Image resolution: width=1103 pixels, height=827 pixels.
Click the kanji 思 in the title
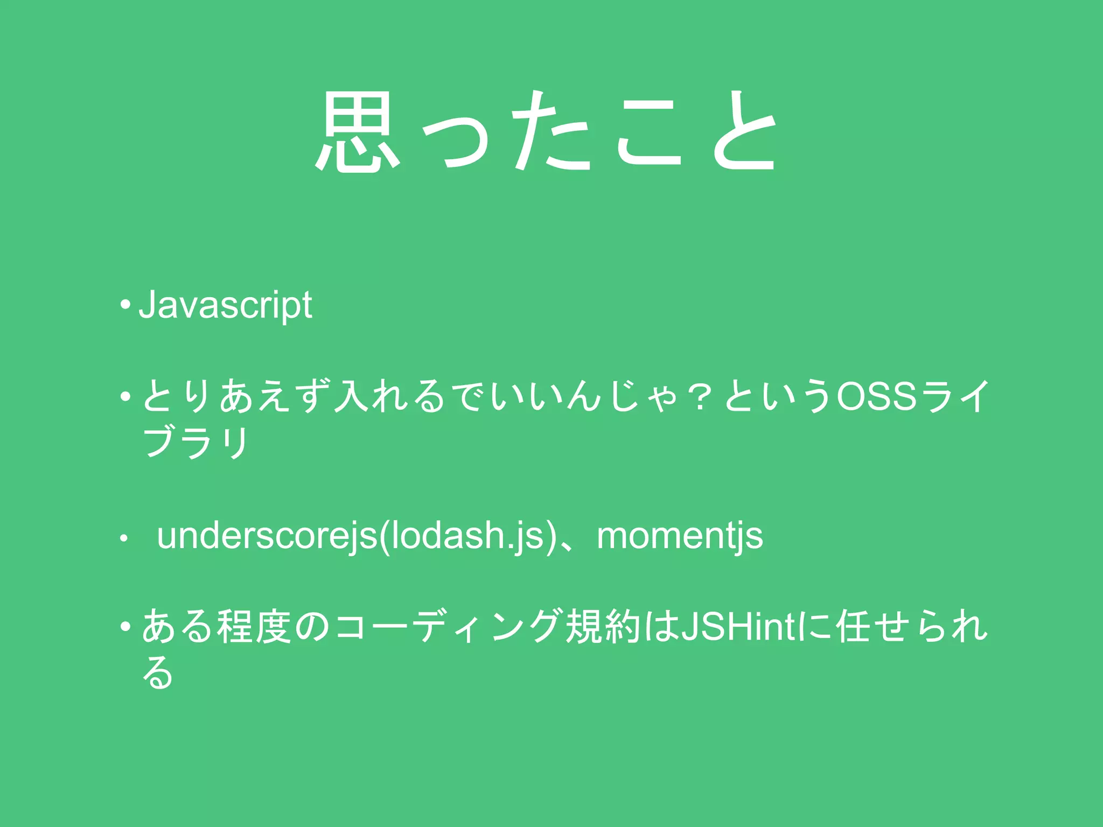point(357,132)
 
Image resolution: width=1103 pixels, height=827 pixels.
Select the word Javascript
point(225,305)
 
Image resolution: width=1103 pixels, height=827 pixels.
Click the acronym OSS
point(876,396)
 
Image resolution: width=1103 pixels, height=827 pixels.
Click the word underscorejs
point(267,536)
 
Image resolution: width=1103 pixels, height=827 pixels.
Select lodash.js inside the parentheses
point(467,536)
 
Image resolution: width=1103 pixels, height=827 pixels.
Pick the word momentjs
point(680,536)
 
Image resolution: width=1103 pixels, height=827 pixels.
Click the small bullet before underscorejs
point(124,537)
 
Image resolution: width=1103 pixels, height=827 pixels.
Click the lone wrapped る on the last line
point(157,673)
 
